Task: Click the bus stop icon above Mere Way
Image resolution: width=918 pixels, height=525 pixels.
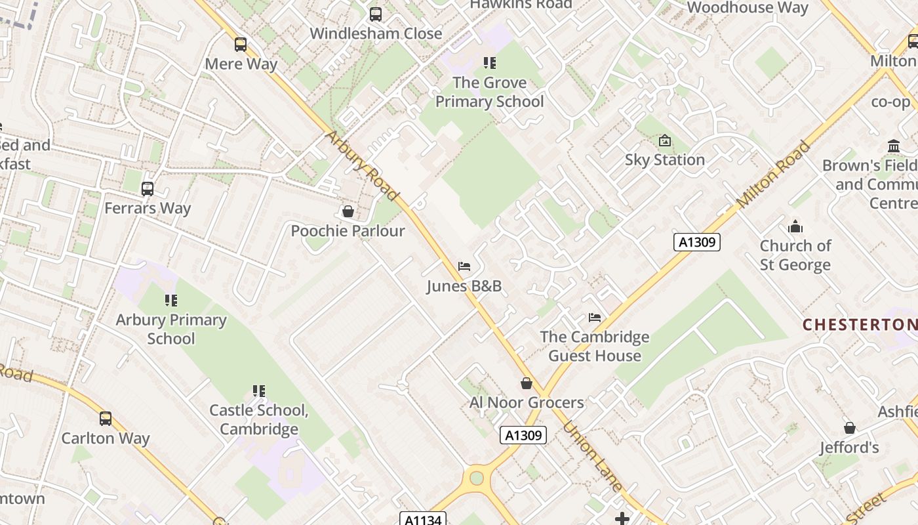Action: (x=241, y=45)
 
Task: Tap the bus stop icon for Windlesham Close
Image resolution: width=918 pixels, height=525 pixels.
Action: (x=375, y=14)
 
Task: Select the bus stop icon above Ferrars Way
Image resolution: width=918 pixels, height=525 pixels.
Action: (x=148, y=189)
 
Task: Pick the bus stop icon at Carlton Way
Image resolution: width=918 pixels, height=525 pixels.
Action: (x=106, y=419)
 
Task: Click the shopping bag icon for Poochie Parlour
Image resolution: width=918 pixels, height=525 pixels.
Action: (x=348, y=211)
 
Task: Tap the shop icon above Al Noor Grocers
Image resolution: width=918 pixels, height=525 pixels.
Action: (x=526, y=383)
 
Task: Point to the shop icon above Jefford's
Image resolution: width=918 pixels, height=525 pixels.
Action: (x=850, y=428)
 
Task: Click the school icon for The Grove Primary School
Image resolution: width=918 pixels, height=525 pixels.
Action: (x=489, y=63)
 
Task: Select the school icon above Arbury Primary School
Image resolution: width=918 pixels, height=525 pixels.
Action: (x=170, y=301)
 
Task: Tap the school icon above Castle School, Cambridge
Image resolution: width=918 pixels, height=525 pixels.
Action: (x=258, y=391)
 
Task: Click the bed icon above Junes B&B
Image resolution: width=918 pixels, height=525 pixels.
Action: (x=464, y=266)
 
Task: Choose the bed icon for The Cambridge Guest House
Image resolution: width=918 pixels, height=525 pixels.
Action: (x=595, y=318)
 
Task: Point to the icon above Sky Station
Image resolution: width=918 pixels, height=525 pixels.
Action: (x=665, y=140)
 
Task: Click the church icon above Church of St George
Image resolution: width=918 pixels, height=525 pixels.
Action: (x=795, y=227)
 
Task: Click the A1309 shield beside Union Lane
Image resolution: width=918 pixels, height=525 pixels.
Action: (x=523, y=435)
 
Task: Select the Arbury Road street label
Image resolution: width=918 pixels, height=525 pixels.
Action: (x=361, y=166)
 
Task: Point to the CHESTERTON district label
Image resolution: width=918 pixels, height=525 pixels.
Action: (x=860, y=324)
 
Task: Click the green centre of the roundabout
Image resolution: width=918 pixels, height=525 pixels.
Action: (x=477, y=478)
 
